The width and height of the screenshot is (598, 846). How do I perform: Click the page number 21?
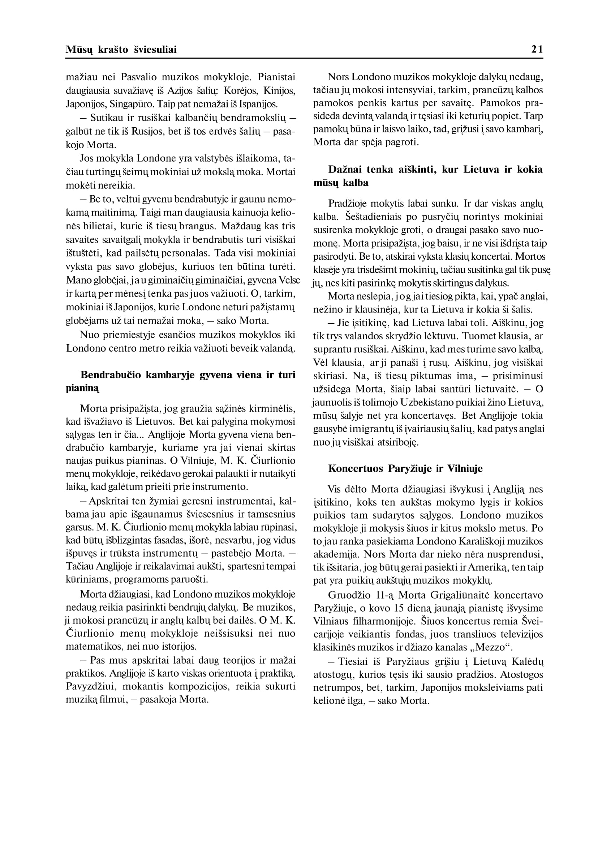[537, 50]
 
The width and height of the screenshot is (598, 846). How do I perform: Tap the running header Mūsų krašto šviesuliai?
[121, 50]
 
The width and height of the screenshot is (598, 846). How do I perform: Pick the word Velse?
[290, 281]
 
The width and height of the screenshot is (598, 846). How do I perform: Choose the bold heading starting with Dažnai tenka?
[428, 176]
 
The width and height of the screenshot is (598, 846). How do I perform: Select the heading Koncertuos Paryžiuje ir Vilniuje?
[405, 468]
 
